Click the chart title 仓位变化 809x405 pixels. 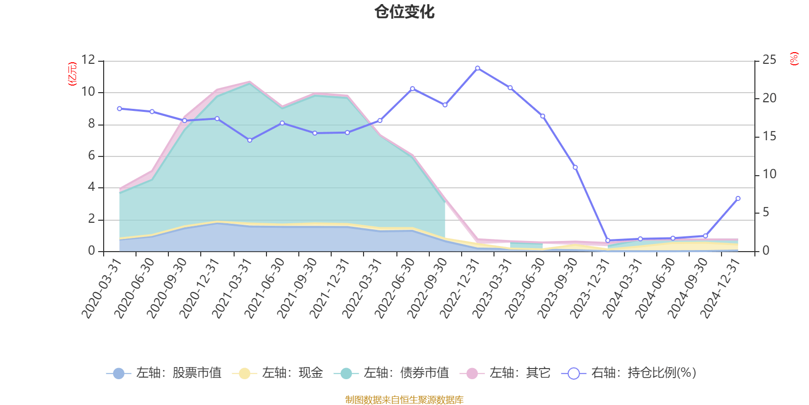pyautogui.click(x=404, y=12)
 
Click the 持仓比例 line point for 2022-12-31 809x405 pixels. pyautogui.click(x=477, y=68)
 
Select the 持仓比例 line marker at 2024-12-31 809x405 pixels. pyautogui.click(x=738, y=198)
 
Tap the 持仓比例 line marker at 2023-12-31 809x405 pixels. pyautogui.click(x=608, y=240)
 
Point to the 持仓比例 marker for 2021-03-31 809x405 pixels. pyautogui.click(x=250, y=140)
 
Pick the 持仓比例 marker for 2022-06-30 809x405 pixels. pyautogui.click(x=413, y=89)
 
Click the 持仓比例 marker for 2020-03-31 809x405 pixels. pyautogui.click(x=119, y=108)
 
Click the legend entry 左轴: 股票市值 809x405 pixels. pyautogui.click(x=164, y=374)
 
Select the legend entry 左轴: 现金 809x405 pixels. pyautogui.click(x=278, y=374)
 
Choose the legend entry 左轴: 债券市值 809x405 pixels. pyautogui.click(x=391, y=374)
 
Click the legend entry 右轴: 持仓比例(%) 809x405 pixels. pyautogui.click(x=629, y=374)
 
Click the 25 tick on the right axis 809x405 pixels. pyautogui.click(x=769, y=60)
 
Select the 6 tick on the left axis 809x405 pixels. pyautogui.click(x=92, y=156)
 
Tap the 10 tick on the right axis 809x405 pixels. pyautogui.click(x=769, y=175)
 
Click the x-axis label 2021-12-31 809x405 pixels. pyautogui.click(x=330, y=288)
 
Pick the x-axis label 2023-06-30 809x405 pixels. pyautogui.click(x=525, y=288)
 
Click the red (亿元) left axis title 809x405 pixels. pyautogui.click(x=72, y=74)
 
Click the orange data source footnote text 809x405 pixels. pyautogui.click(x=404, y=400)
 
